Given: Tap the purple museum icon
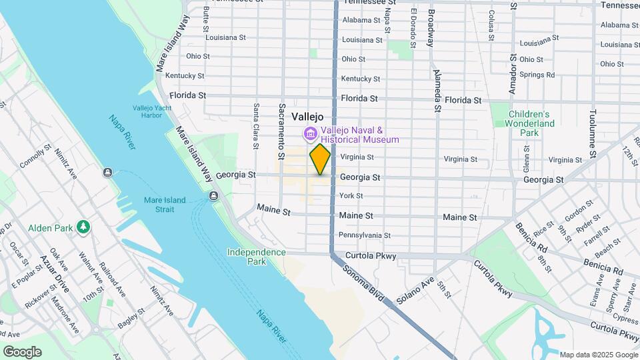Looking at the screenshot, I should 310,135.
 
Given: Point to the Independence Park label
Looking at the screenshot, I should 256,257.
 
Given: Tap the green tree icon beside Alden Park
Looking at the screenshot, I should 83,227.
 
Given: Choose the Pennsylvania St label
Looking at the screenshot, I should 365,235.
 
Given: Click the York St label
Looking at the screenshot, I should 351,196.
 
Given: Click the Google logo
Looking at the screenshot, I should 22,352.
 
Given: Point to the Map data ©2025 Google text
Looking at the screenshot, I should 598,355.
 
